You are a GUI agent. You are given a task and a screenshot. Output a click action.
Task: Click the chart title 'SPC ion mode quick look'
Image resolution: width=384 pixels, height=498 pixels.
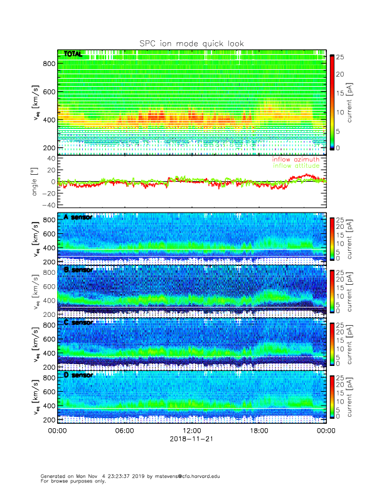[191, 43]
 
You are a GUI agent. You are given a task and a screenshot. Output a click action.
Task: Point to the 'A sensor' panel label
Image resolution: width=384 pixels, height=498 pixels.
[78, 217]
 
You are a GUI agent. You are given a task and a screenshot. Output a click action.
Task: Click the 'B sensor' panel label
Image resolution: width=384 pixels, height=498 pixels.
[78, 270]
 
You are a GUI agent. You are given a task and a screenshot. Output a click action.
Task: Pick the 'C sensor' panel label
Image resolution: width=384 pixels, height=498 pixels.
[78, 322]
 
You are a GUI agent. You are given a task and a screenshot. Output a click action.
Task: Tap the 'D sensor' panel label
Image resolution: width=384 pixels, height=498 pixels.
[78, 375]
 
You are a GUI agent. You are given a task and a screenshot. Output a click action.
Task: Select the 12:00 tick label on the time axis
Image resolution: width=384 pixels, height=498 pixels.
[191, 431]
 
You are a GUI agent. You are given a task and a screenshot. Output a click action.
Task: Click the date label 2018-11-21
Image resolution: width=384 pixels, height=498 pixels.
[191, 439]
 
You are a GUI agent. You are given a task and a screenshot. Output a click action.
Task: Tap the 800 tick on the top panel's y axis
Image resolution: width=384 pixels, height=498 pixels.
[48, 64]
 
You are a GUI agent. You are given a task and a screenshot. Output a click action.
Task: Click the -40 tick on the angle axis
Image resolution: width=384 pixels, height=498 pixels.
[47, 206]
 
